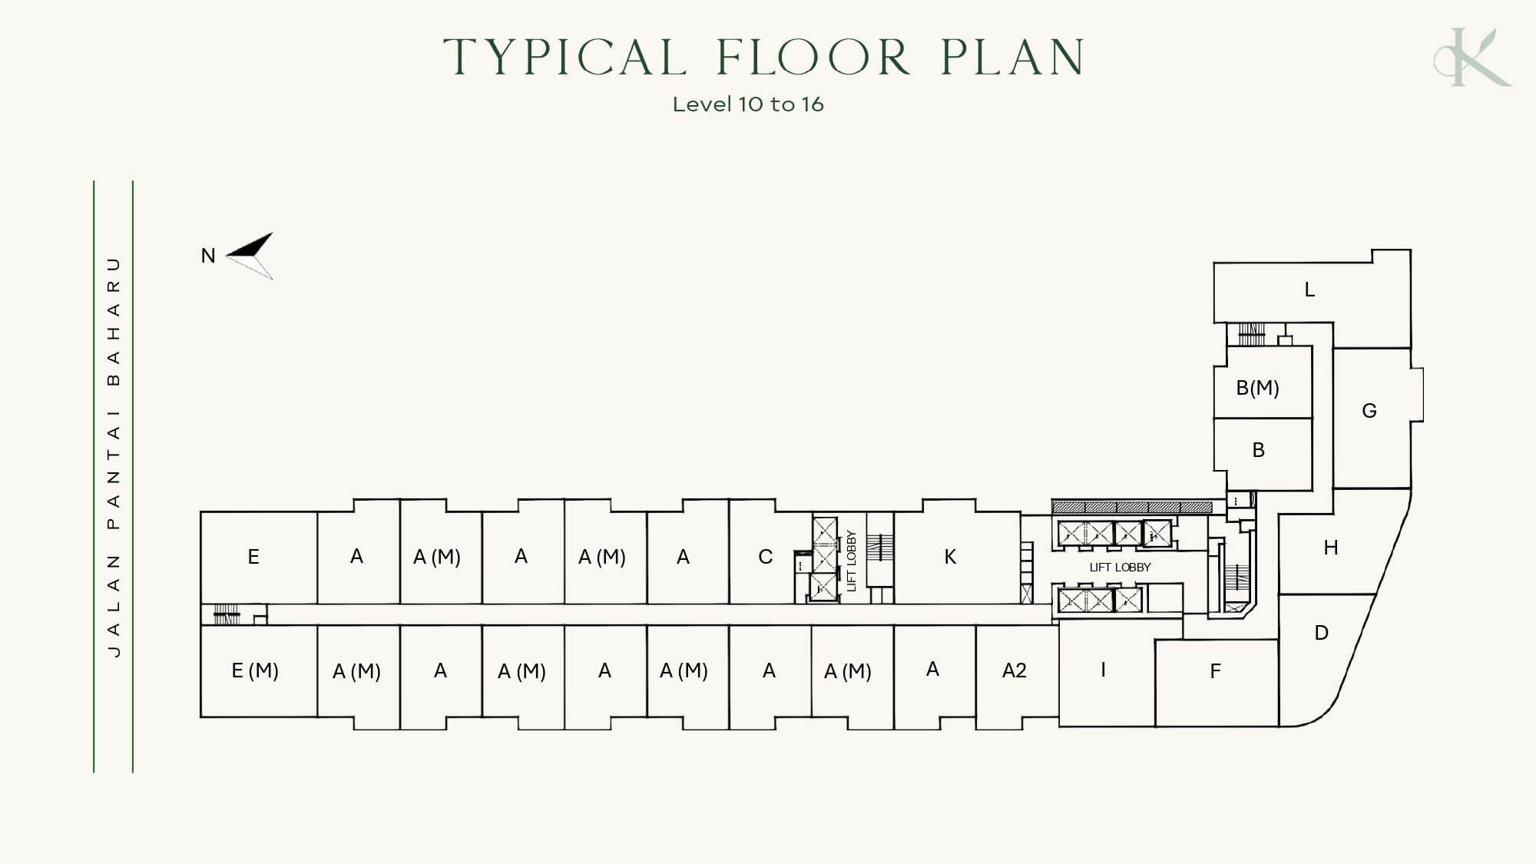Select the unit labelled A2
1015,671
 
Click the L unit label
1309,290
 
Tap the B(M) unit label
1257,388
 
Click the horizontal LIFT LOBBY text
1120,568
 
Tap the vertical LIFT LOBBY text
851,561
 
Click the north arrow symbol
250,255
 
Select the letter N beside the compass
208,256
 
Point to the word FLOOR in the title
813,57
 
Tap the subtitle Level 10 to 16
748,104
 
